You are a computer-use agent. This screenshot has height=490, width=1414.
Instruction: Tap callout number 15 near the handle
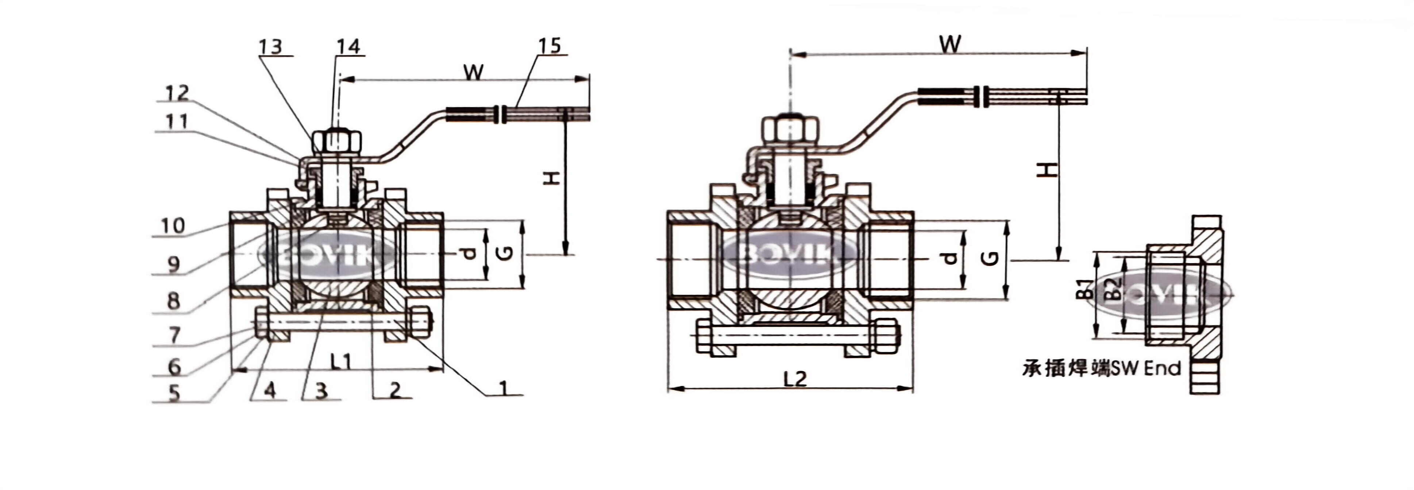[550, 46]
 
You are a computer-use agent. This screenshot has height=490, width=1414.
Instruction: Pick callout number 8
[173, 301]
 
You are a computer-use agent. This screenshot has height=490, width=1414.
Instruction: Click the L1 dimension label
[340, 361]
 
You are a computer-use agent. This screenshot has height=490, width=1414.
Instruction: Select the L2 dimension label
[794, 378]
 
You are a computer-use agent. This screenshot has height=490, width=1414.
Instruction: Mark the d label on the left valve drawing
[468, 253]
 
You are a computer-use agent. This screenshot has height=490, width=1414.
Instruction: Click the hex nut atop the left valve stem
[336, 141]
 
